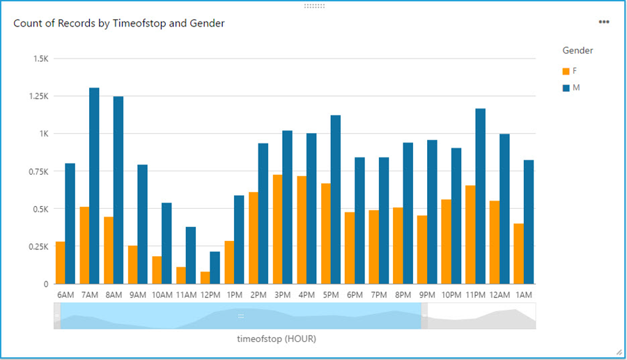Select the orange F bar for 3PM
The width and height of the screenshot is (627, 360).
point(278,229)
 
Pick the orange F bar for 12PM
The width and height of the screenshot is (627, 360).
point(206,278)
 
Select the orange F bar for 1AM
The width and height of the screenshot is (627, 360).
point(518,253)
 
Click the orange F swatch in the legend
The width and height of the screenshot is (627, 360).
point(566,71)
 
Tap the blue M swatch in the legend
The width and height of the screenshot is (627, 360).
point(566,88)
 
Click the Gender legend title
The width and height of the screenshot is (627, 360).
point(578,50)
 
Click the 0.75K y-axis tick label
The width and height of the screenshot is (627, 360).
point(36,171)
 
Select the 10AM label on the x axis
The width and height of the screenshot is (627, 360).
point(162,295)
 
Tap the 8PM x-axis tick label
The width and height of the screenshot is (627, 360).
point(403,295)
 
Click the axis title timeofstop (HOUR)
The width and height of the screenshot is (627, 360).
point(277,339)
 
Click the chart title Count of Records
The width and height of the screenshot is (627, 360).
point(119,23)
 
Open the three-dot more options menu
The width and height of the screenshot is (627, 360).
point(604,22)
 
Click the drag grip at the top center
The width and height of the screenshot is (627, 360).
point(314,6)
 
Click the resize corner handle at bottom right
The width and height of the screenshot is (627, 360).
point(619,352)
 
